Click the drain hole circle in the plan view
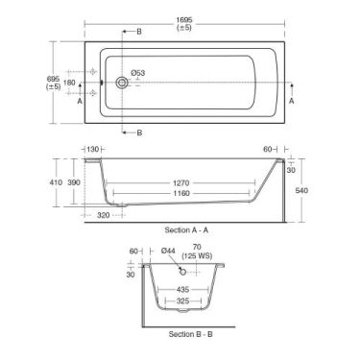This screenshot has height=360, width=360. tap(122, 84)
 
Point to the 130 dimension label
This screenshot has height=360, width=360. tap(93, 149)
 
